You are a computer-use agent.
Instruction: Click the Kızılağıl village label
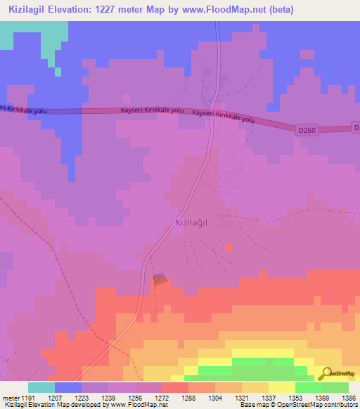tap(192, 222)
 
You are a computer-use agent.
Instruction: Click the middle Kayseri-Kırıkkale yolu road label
tap(152, 110)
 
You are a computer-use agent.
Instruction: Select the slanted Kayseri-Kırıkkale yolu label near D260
tap(223, 116)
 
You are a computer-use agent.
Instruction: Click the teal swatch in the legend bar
tap(41, 387)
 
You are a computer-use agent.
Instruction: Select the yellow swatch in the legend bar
tap(282, 387)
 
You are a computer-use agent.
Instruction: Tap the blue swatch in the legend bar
tap(68, 387)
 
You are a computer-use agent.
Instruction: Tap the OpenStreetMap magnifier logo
tap(326, 373)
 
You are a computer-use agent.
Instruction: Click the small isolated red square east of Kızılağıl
tap(228, 247)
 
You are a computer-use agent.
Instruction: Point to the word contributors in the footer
tap(338, 405)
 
